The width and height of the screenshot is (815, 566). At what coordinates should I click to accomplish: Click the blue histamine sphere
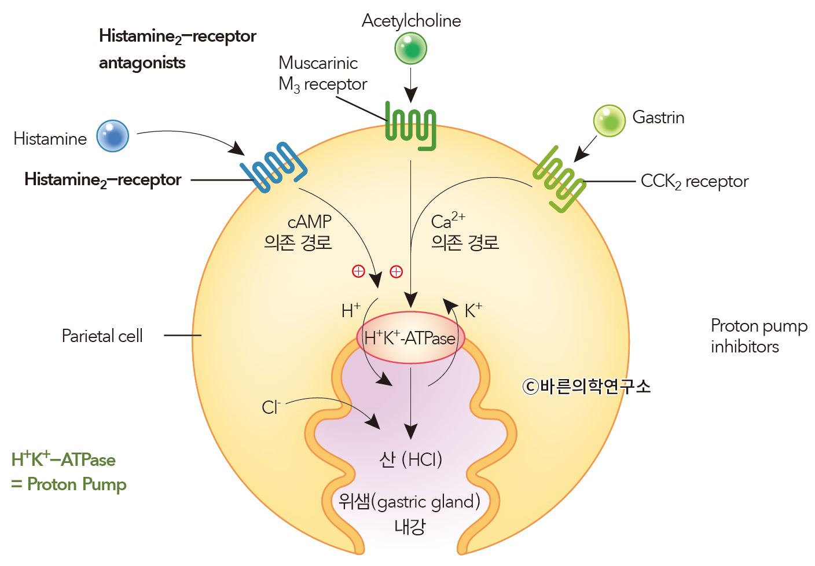[112, 136]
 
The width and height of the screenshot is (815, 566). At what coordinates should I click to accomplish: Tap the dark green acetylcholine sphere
[410, 48]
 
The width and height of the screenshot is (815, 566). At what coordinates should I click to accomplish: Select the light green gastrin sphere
[609, 121]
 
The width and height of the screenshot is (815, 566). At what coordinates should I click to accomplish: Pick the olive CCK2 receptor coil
[559, 179]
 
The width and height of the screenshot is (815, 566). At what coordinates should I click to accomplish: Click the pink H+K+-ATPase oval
[410, 338]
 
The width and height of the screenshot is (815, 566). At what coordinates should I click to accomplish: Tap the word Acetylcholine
[411, 21]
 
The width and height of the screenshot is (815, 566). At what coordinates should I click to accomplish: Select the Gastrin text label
[658, 117]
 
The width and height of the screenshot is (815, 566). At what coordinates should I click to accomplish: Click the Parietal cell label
[102, 336]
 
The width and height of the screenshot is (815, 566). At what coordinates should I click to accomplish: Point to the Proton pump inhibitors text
[758, 336]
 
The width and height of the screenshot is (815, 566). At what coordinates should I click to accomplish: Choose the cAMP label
[310, 222]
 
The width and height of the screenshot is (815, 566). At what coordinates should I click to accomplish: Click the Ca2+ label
[447, 220]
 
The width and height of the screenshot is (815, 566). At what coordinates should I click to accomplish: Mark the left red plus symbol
[358, 271]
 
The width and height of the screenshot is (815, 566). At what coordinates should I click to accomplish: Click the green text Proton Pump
[76, 484]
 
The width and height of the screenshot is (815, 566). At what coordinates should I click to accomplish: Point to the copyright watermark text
[586, 386]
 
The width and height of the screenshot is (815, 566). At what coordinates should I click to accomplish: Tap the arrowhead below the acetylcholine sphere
[410, 95]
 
